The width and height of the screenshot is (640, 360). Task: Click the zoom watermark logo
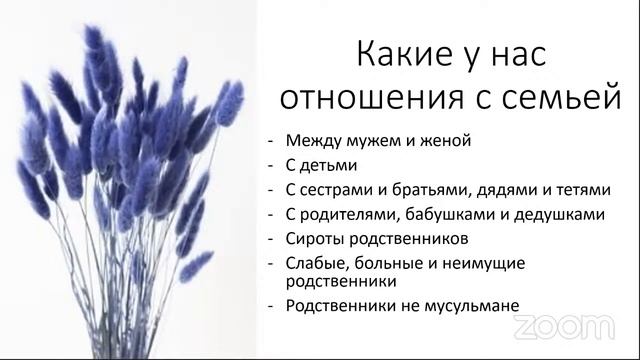(x=564, y=326)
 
